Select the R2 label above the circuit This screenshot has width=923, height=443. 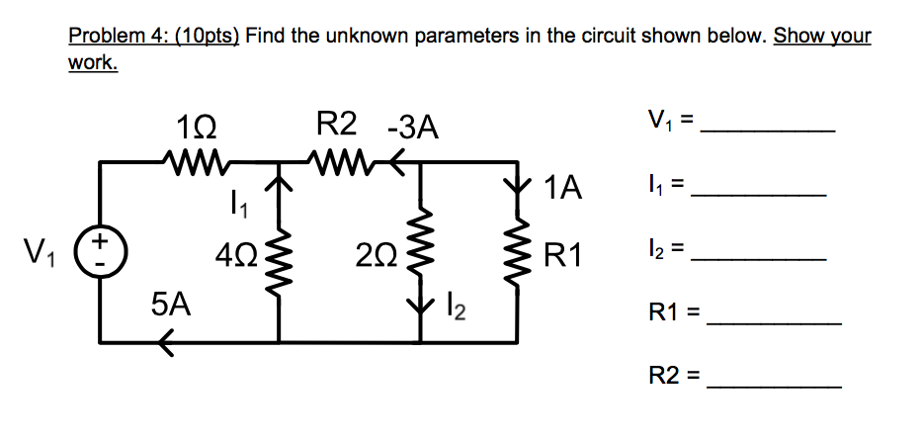click(x=336, y=126)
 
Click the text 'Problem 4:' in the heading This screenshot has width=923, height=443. click(x=109, y=37)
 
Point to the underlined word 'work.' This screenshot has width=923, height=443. click(x=93, y=63)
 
